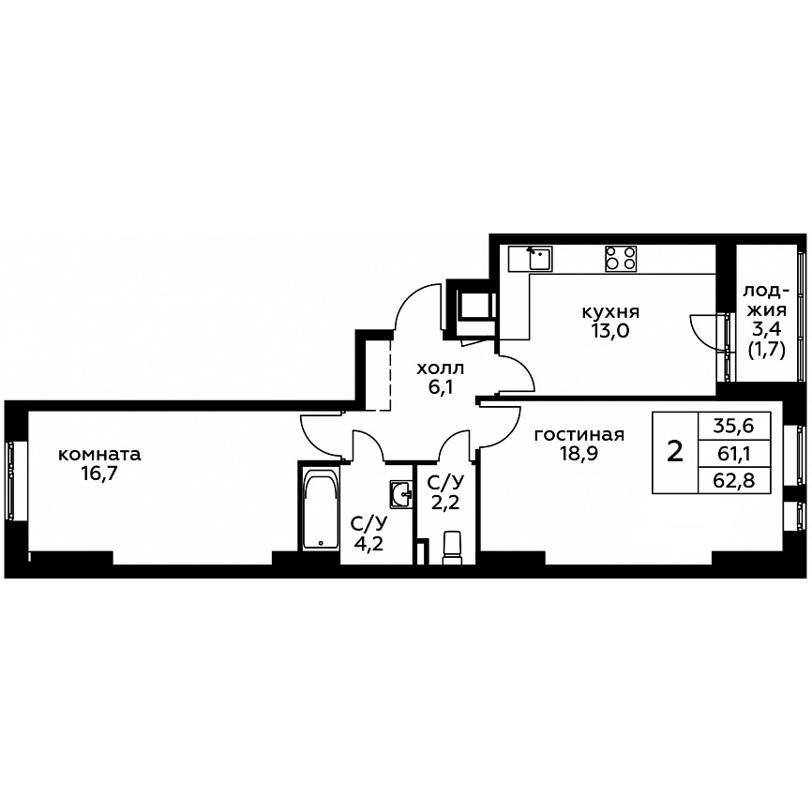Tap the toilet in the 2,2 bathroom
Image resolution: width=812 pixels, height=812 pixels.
[452, 547]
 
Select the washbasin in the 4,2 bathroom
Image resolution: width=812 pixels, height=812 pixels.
[401, 494]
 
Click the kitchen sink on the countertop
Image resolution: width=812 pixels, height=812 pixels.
[540, 259]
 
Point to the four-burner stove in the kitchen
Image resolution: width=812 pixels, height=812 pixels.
[621, 259]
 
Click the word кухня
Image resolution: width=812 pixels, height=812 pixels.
[611, 313]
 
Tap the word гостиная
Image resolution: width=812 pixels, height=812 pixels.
[579, 435]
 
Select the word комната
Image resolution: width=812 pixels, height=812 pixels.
[99, 455]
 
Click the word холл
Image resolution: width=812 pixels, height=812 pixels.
[441, 368]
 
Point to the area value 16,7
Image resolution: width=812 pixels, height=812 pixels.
[99, 474]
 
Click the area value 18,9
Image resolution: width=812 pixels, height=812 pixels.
[579, 454]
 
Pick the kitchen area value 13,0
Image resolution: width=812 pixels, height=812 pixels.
[611, 330]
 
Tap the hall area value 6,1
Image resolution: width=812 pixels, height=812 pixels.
[441, 387]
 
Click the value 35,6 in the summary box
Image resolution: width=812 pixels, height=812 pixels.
[734, 427]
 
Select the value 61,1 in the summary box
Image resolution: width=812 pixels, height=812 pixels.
[734, 454]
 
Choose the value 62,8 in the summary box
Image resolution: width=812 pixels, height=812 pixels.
[734, 481]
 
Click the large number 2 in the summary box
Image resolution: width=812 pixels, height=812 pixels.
[675, 452]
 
